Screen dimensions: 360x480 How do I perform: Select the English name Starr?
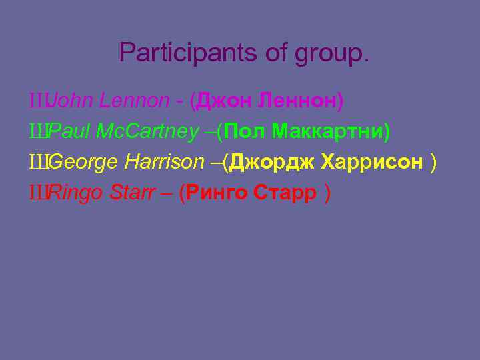tap(130, 193)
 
